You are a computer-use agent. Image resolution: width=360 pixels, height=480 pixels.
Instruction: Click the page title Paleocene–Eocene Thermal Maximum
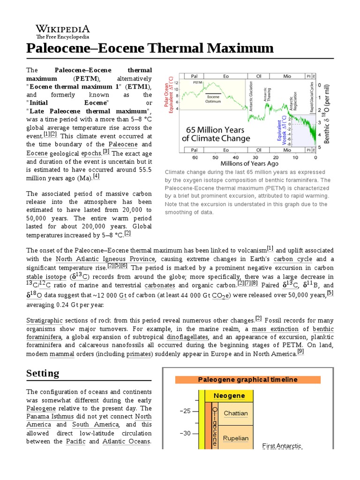[x=150, y=48]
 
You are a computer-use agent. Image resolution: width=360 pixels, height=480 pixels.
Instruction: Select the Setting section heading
[x=43, y=373]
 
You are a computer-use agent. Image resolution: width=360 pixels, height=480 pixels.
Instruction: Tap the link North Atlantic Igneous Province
[x=105, y=259]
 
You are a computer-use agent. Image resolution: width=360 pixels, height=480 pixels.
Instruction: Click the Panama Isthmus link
[x=46, y=416]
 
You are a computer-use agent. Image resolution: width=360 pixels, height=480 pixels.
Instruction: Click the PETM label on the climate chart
[x=197, y=82]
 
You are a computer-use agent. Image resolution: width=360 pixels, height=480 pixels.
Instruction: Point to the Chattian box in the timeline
[x=235, y=413]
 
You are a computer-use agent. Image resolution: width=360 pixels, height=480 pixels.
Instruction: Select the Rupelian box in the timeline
[x=235, y=438]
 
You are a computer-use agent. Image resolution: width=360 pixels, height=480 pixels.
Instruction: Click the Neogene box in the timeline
[x=229, y=396]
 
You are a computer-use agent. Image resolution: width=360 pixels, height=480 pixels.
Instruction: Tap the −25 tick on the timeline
[x=186, y=411]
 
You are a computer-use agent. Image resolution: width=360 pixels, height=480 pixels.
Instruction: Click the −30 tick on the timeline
[x=186, y=433]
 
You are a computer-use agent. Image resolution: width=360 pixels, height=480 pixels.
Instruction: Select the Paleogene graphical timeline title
[x=247, y=380]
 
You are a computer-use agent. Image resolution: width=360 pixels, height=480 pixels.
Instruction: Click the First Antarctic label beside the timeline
[x=282, y=446]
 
